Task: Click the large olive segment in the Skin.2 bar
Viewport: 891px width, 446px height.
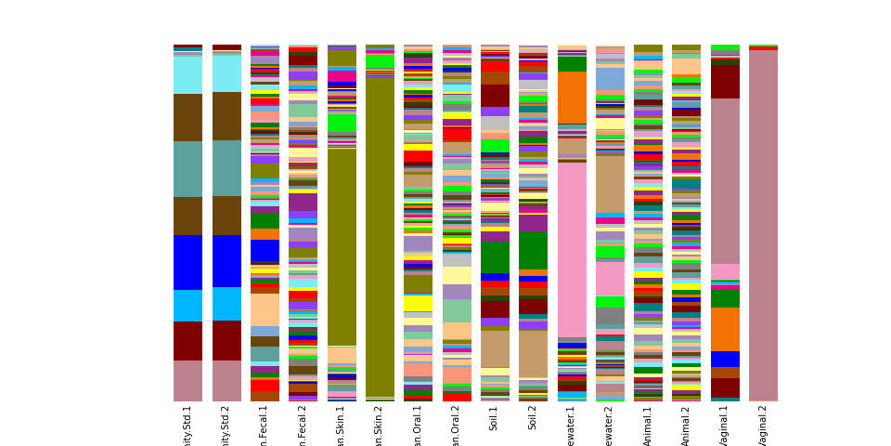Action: [380, 232]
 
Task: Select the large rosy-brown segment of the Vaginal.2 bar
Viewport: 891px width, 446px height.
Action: [763, 223]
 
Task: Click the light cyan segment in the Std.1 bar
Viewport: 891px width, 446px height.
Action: [187, 75]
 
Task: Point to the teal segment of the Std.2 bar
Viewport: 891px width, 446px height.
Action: [226, 168]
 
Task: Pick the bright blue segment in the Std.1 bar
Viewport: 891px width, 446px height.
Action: [187, 262]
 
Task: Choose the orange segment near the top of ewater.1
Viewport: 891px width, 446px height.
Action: [572, 98]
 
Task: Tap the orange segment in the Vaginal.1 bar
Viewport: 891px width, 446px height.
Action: [725, 329]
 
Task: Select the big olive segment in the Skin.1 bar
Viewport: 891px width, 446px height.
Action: [342, 246]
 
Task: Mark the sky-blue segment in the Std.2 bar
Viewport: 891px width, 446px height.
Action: [226, 304]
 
